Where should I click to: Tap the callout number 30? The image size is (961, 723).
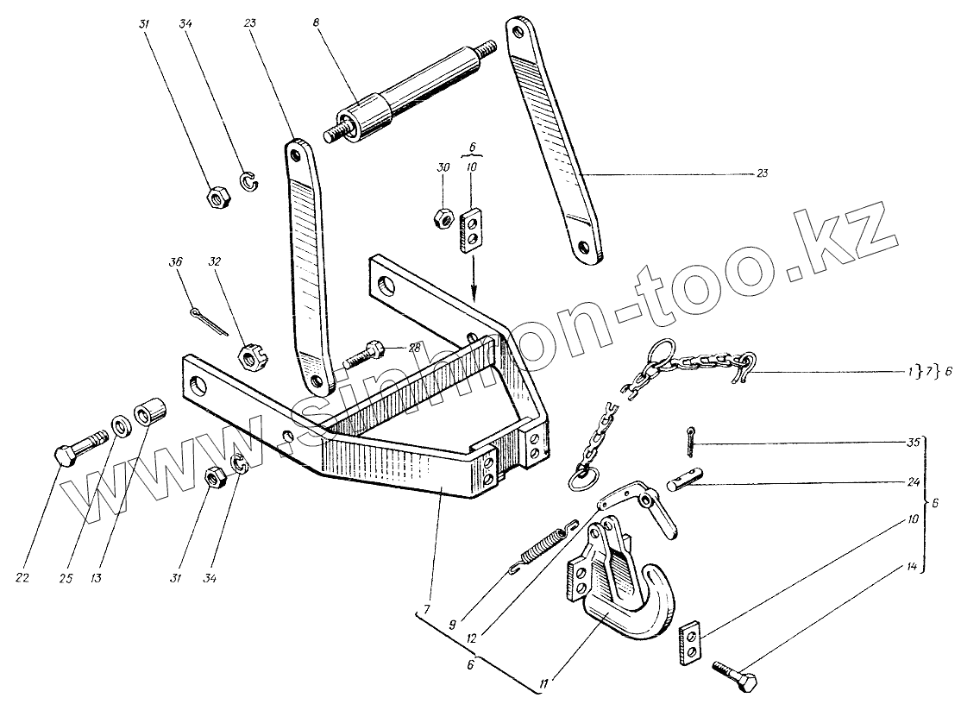point(442,167)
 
